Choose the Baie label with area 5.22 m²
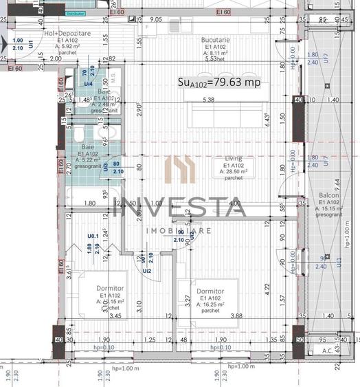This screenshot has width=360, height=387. point(88,146)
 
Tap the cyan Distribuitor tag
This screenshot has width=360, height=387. point(76,13)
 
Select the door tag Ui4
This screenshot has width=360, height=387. point(88,83)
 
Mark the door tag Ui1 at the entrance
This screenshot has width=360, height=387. point(31,44)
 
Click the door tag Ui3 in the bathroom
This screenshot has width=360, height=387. point(106,166)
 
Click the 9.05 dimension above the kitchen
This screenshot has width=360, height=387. point(156,20)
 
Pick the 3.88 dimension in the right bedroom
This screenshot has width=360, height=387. point(236,316)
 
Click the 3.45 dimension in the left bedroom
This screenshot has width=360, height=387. point(96,316)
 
